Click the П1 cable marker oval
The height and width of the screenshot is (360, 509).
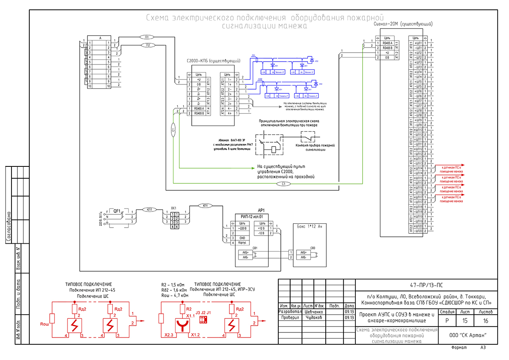click(x=147, y=37)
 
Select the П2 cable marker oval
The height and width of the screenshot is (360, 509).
click(x=148, y=45)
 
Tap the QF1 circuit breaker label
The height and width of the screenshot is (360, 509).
click(x=117, y=210)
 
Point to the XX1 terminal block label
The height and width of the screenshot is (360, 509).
click(x=173, y=208)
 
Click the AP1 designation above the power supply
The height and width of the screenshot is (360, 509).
click(x=261, y=210)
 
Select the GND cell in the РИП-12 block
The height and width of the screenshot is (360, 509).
click(x=242, y=238)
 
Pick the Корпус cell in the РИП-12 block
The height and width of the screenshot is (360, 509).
click(x=242, y=243)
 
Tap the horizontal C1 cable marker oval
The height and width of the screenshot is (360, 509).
click(x=284, y=184)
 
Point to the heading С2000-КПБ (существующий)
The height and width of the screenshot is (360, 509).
click(x=210, y=61)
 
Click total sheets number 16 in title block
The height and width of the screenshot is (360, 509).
click(x=486, y=321)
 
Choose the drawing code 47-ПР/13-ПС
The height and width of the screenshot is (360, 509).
click(x=424, y=285)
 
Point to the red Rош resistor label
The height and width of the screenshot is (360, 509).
click(x=45, y=324)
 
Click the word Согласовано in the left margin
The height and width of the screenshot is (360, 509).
click(x=8, y=227)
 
